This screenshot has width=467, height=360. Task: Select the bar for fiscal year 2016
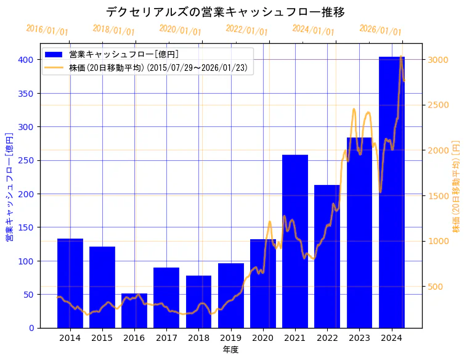[x=134, y=311]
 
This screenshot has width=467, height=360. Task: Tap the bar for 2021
[x=295, y=241]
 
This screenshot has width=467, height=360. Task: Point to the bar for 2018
[x=198, y=301]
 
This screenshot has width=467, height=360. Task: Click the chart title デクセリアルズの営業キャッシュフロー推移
[x=225, y=12]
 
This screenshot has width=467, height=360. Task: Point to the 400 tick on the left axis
[x=26, y=60]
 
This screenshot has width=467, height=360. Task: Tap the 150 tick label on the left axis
[x=26, y=227]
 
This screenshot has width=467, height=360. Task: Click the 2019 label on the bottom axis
[x=231, y=338]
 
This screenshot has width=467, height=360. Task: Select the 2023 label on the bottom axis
[x=359, y=338]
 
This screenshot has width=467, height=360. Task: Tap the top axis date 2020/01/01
[x=180, y=30]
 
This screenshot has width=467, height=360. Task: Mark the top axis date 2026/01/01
[x=380, y=30]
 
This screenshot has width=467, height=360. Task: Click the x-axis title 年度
[x=231, y=350]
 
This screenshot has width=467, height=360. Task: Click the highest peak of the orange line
[x=401, y=57]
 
